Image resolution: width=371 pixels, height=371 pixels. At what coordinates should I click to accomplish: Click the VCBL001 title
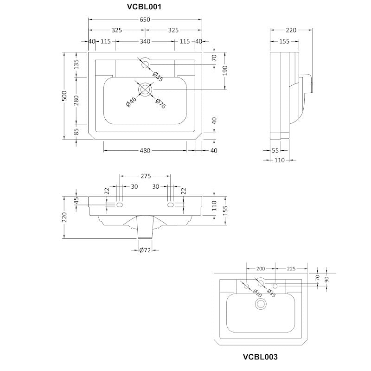click(x=145, y=6)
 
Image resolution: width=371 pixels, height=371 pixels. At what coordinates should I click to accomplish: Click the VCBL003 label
click(x=260, y=357)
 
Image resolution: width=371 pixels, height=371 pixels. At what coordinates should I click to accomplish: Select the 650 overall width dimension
click(x=145, y=19)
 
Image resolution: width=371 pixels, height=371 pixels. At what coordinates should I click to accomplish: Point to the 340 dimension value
click(x=145, y=42)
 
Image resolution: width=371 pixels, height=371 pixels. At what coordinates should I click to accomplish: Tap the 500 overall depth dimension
click(x=65, y=96)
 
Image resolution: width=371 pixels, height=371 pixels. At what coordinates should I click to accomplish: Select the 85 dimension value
click(x=77, y=131)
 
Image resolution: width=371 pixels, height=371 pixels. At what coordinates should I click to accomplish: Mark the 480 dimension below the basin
click(x=145, y=151)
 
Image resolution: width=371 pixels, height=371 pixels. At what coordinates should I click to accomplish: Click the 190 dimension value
click(x=225, y=70)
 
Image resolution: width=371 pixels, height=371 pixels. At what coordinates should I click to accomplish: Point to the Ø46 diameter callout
click(x=131, y=102)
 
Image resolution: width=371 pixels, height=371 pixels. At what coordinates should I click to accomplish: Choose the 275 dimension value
click(x=145, y=176)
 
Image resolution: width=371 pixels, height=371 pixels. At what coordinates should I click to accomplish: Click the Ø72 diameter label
click(x=146, y=251)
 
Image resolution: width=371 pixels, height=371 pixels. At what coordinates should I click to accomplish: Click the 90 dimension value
click(x=327, y=278)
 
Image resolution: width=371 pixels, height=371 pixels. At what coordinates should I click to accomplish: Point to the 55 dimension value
click(x=275, y=151)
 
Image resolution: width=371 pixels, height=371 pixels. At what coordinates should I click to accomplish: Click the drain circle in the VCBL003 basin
click(x=261, y=304)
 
